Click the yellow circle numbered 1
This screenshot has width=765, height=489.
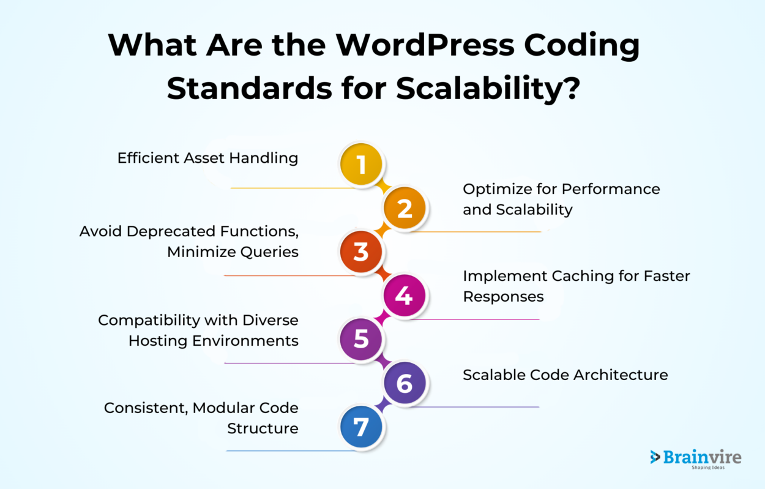[361, 165]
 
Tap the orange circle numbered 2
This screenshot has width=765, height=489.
[405, 209]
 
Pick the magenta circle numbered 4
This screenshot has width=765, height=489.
[405, 296]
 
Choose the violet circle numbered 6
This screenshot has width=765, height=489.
[405, 384]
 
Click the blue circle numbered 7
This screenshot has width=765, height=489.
[361, 427]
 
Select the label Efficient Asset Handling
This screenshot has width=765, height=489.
[207, 158]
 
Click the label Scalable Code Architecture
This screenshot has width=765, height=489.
[565, 375]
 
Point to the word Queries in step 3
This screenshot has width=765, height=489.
[267, 252]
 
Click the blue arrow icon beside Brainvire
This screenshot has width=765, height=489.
[655, 457]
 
